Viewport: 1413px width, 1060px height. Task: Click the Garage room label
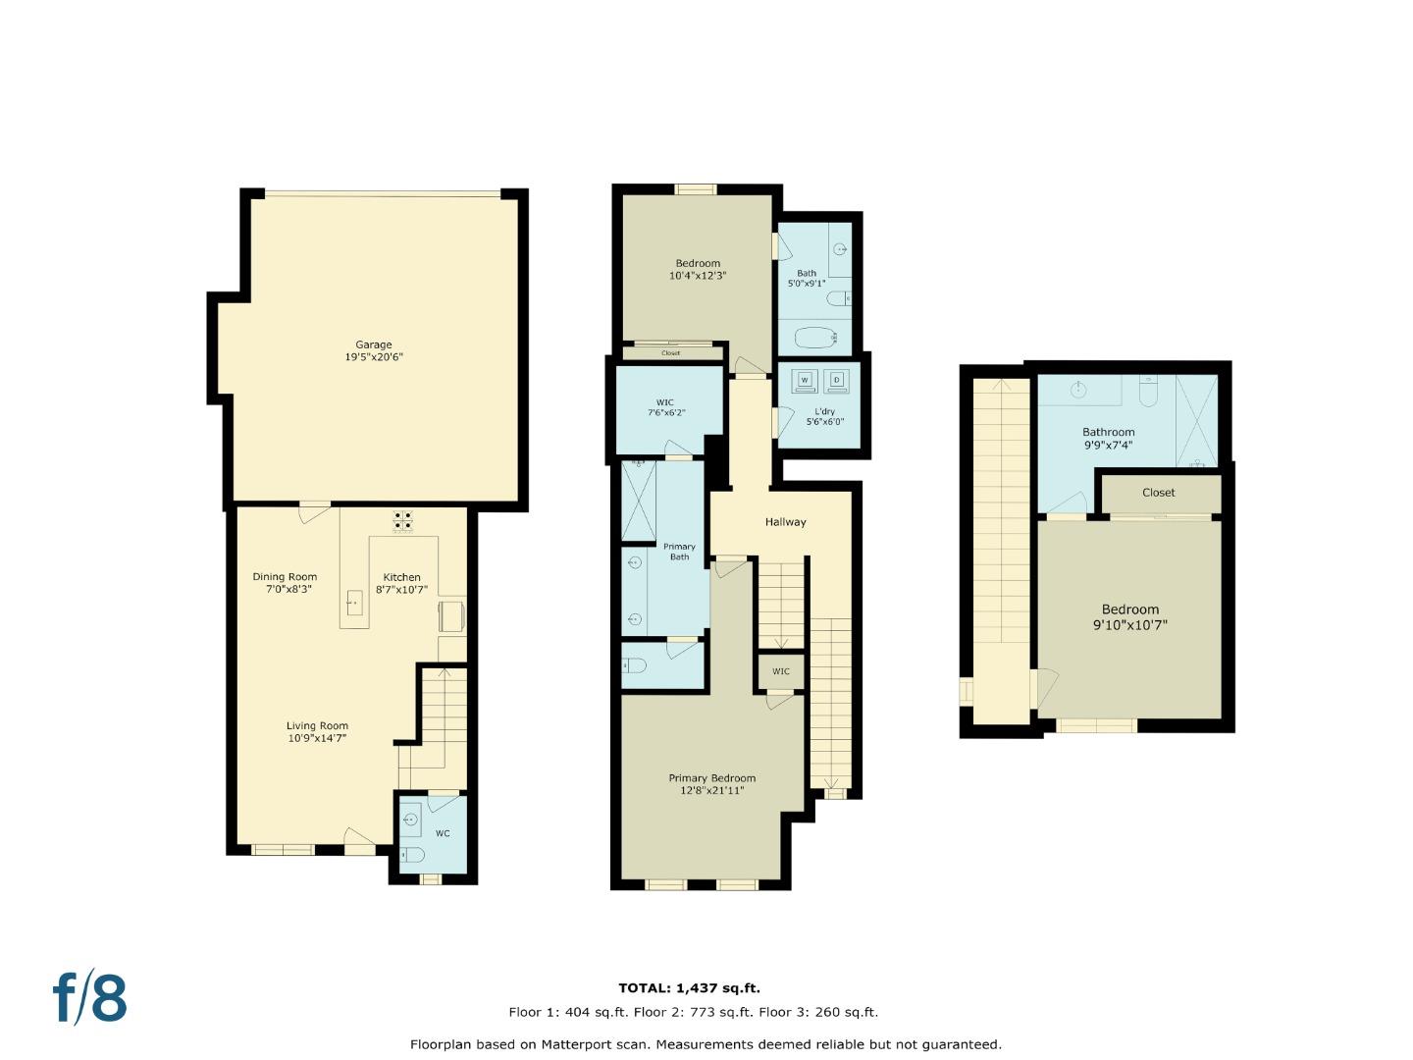pyautogui.click(x=373, y=344)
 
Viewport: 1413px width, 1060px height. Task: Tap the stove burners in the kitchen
pyautogui.click(x=403, y=520)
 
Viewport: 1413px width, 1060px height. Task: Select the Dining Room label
pyautogui.click(x=285, y=577)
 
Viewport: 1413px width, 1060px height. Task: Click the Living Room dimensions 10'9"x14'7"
pyautogui.click(x=317, y=738)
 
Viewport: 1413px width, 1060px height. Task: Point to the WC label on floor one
pyautogui.click(x=443, y=833)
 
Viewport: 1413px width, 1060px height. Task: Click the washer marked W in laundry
pyautogui.click(x=806, y=380)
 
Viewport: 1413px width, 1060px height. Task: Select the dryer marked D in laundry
pyautogui.click(x=837, y=380)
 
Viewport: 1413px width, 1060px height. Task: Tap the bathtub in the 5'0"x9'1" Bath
pyautogui.click(x=814, y=339)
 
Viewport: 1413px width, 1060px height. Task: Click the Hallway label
pyautogui.click(x=785, y=522)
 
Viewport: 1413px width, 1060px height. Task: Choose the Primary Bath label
pyautogui.click(x=679, y=552)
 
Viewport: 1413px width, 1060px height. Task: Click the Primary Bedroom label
pyautogui.click(x=712, y=778)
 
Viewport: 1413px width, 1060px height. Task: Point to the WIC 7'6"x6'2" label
pyautogui.click(x=666, y=407)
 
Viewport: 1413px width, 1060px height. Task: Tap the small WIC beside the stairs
pyautogui.click(x=781, y=672)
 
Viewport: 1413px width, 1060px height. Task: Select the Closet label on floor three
pyautogui.click(x=1158, y=493)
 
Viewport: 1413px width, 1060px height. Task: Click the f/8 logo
pyautogui.click(x=90, y=998)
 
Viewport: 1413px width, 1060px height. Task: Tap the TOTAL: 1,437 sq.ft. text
pyautogui.click(x=689, y=988)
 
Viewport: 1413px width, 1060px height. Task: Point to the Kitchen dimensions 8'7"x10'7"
pyautogui.click(x=401, y=590)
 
